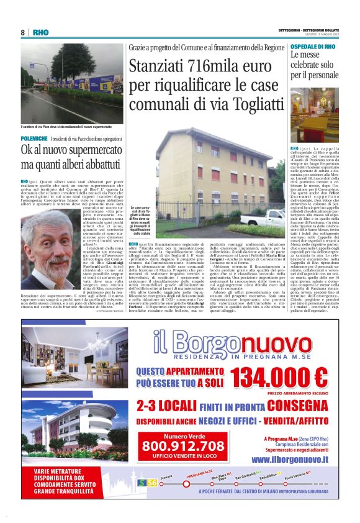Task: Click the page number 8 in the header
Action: (x=23, y=32)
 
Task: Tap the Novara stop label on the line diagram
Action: (x=166, y=477)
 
